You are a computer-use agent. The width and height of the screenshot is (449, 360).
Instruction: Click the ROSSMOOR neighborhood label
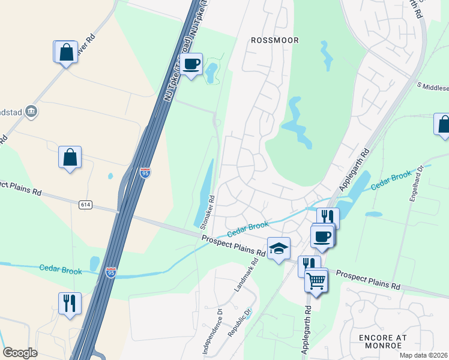[x=274, y=40]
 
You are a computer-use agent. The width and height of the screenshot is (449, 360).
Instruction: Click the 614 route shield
[x=85, y=205]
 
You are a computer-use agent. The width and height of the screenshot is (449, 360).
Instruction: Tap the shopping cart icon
[x=316, y=280]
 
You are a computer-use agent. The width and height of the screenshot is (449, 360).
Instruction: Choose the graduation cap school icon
[x=279, y=250]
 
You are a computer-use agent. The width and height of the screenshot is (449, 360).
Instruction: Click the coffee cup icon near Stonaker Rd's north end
[x=191, y=64]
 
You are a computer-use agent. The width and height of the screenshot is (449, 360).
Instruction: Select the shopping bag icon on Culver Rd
[x=65, y=52]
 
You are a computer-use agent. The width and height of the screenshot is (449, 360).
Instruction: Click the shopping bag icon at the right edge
[x=443, y=124]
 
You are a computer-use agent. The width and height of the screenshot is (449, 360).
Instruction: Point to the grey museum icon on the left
[x=32, y=110]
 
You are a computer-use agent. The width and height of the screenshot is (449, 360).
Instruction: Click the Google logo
[x=20, y=353]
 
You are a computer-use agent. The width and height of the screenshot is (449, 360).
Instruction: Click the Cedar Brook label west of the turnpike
[x=61, y=270]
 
